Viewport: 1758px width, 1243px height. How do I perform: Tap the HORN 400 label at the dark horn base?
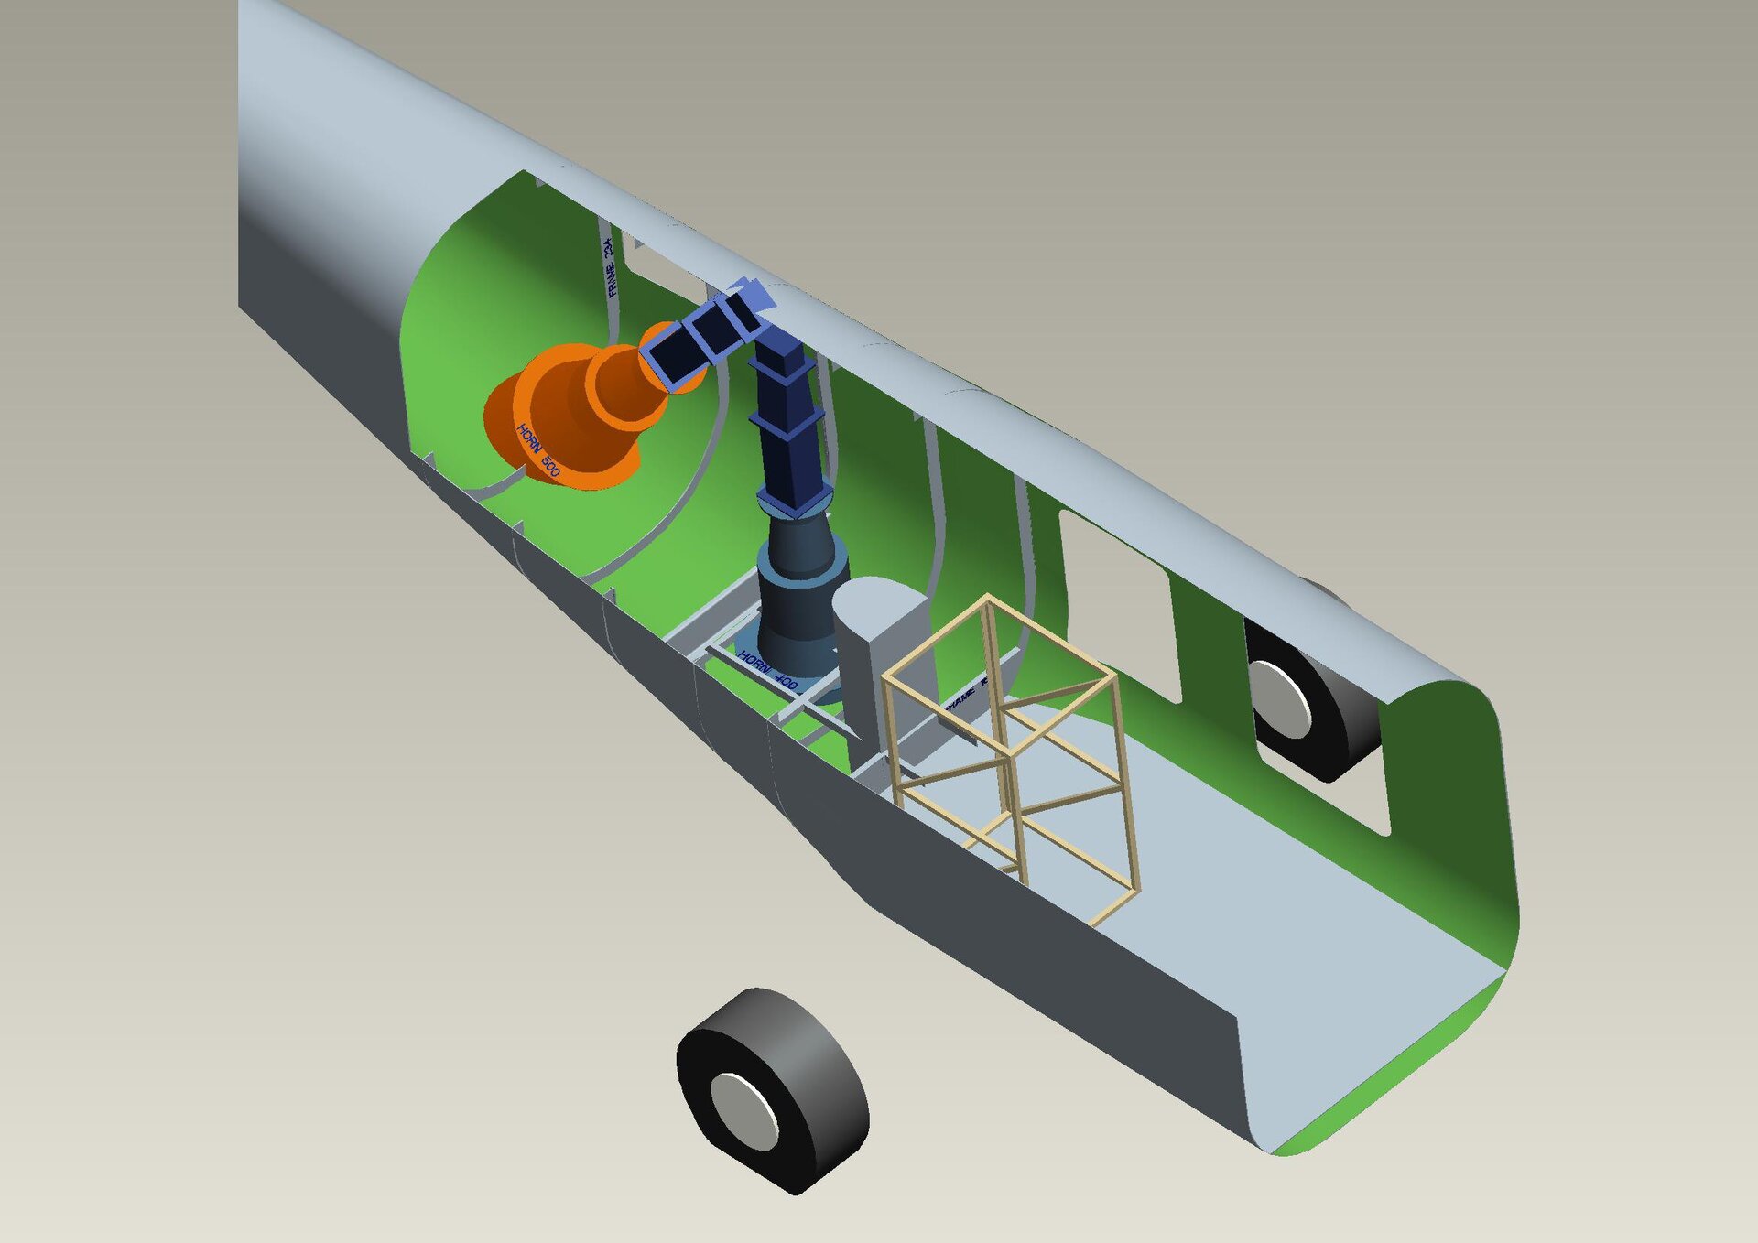pyautogui.click(x=767, y=671)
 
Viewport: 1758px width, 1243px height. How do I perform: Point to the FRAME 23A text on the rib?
pyautogui.click(x=611, y=267)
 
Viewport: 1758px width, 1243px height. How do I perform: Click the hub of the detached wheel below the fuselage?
pyautogui.click(x=743, y=1111)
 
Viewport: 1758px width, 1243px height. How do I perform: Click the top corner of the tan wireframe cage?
pyautogui.click(x=988, y=599)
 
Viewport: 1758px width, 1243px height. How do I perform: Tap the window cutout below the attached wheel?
pyautogui.click(x=1328, y=787)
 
